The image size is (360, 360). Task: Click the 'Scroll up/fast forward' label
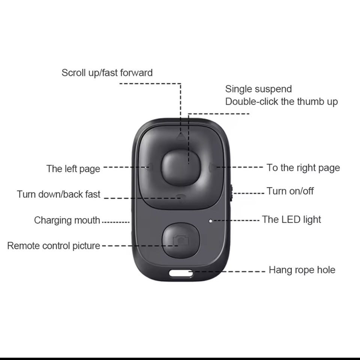pos(107,73)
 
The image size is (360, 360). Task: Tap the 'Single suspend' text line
pos(258,89)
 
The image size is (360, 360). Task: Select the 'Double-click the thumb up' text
pos(281,102)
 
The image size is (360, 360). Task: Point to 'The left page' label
pos(73,169)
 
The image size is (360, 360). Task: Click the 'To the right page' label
pos(303,168)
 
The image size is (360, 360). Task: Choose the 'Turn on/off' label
pos(290,191)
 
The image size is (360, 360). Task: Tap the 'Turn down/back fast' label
pos(58,194)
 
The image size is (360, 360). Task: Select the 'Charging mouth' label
pos(67,220)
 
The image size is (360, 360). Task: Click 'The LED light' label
pos(291,219)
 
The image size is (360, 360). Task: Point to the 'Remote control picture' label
pos(54,246)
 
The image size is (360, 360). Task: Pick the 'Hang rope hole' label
pos(302,270)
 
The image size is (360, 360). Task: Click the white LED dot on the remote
pos(210,221)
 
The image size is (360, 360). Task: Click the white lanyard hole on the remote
pos(181,273)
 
